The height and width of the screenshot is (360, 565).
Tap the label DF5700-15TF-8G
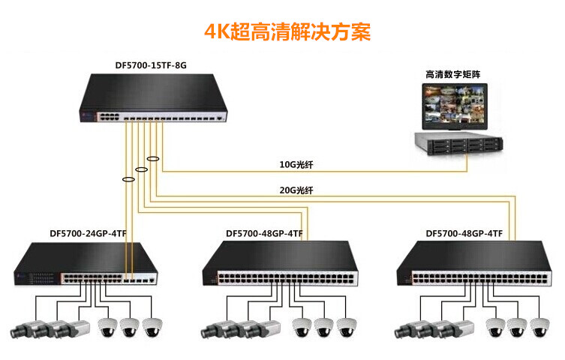[150, 66]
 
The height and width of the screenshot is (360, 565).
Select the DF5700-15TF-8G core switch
[155, 97]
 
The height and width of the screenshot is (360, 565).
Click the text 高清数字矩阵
[452, 75]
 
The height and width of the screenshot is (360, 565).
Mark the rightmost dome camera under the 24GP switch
[153, 327]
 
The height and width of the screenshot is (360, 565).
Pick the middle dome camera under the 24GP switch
[131, 327]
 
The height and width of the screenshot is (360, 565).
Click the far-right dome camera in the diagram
[538, 327]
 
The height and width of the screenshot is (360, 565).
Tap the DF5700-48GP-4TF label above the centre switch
[264, 233]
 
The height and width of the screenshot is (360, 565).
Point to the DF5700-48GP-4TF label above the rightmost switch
[464, 233]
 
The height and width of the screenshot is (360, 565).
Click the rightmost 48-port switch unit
[473, 266]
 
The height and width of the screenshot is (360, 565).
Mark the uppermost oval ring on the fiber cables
[153, 158]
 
